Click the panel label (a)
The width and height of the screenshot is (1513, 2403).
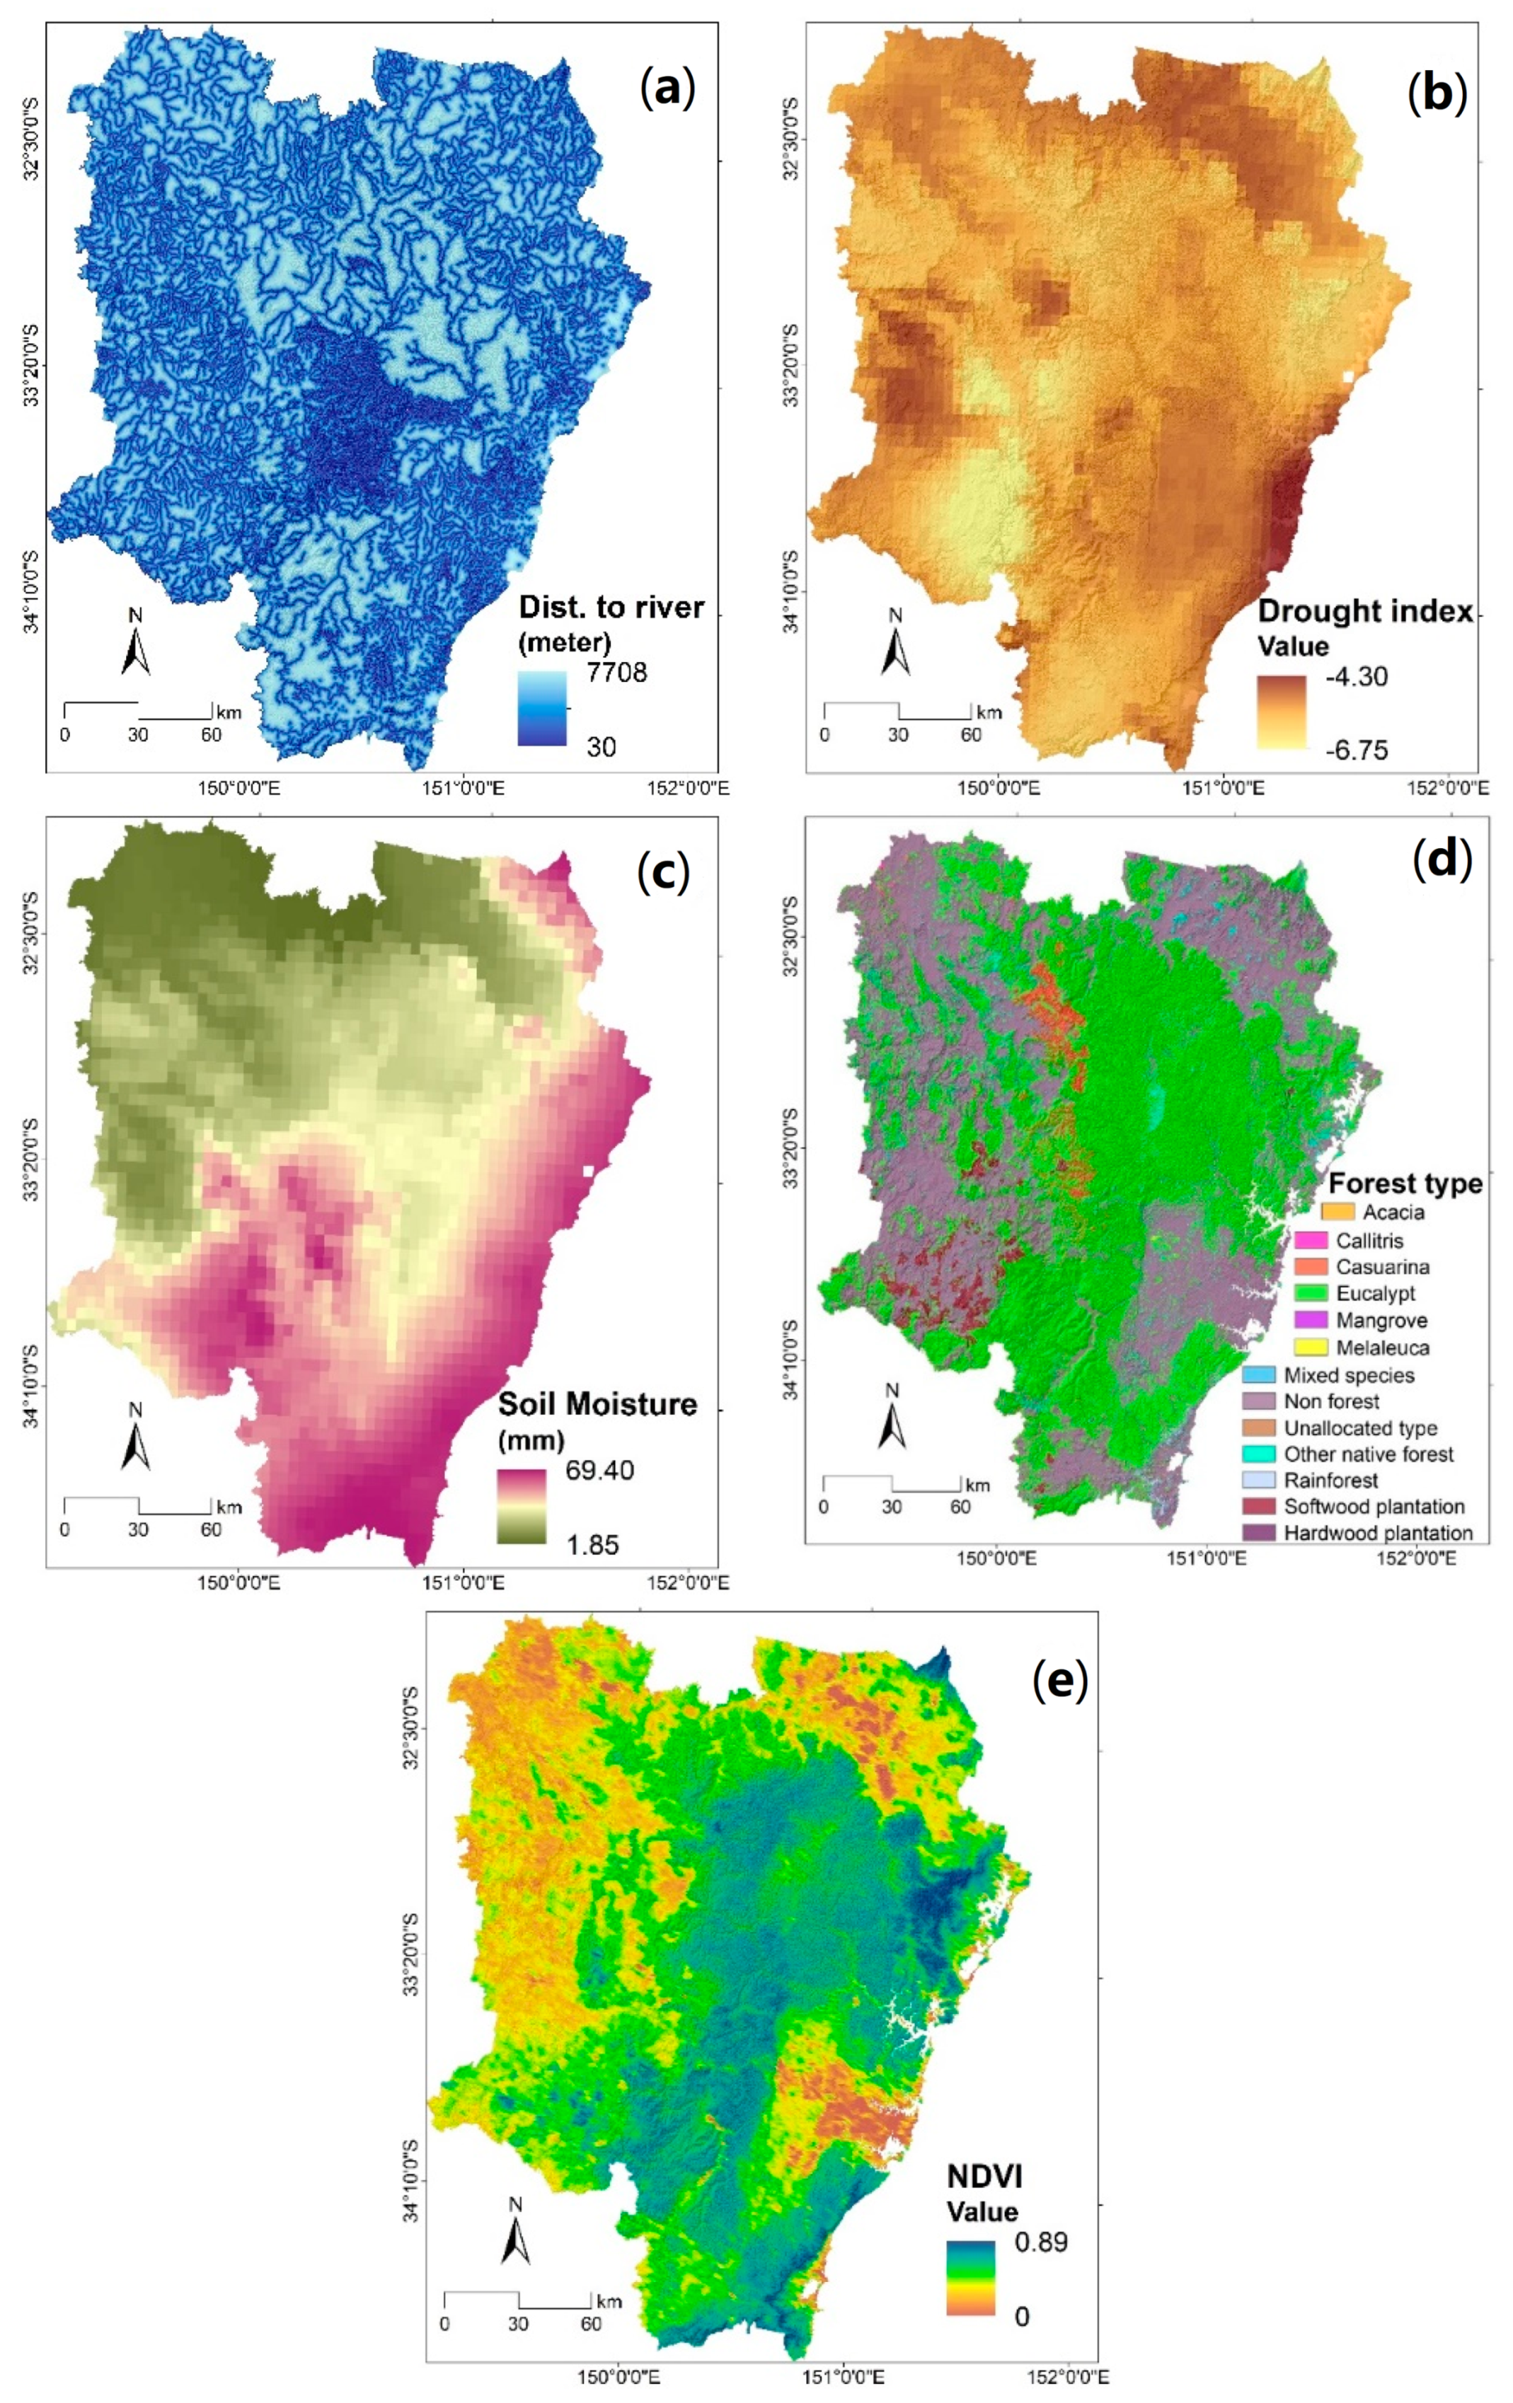click(666, 89)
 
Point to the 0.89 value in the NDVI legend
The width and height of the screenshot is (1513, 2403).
click(1041, 2241)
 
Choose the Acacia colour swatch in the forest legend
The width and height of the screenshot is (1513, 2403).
click(1337, 1212)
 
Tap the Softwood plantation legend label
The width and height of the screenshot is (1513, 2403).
click(1374, 1506)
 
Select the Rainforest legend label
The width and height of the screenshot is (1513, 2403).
click(1330, 1480)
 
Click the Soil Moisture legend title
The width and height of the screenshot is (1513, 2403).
click(597, 1404)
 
